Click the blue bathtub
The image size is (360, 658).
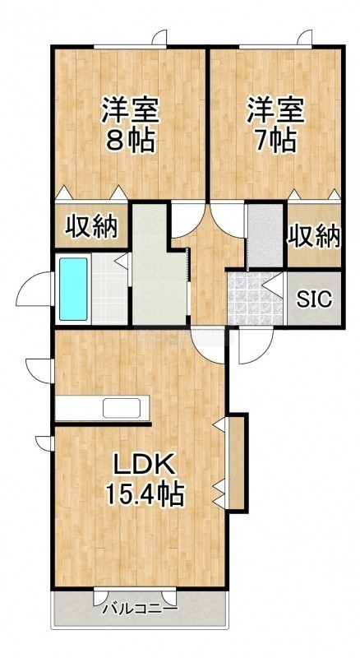click(73, 289)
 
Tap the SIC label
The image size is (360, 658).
click(314, 299)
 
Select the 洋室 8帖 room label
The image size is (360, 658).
click(130, 124)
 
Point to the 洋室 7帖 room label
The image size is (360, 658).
click(275, 124)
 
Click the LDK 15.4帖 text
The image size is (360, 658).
click(145, 480)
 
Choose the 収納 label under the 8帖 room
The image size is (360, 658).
click(90, 227)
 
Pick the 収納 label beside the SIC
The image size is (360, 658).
click(313, 236)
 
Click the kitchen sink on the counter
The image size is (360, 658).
click(122, 407)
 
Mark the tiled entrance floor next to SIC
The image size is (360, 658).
click(255, 298)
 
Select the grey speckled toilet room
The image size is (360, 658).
click(265, 235)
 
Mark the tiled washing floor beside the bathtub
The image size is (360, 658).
click(109, 289)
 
